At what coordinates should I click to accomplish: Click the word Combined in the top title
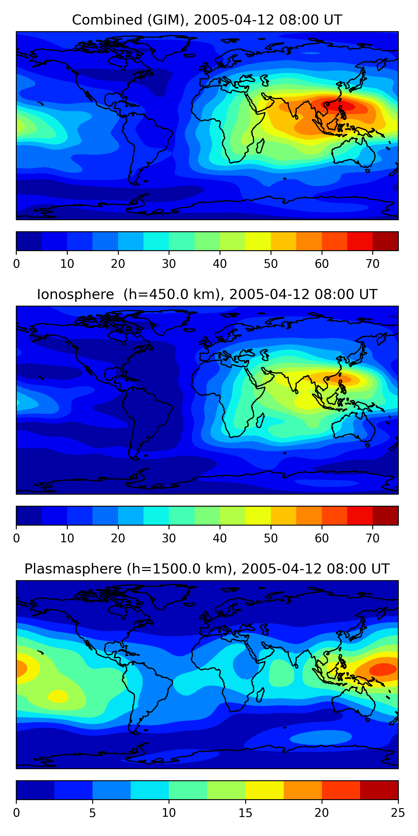click(x=107, y=20)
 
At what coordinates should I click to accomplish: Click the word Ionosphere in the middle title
click(x=75, y=294)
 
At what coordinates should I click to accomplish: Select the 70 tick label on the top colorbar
click(x=373, y=264)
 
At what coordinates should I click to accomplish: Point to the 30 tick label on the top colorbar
click(x=169, y=264)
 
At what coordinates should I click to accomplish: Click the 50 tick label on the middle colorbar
click(x=271, y=538)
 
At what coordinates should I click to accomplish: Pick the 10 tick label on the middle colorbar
click(x=67, y=538)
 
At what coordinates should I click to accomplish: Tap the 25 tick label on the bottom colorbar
click(x=398, y=813)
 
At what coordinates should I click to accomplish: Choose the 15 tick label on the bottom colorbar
click(x=245, y=813)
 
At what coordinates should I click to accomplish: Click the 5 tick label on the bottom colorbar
click(x=93, y=813)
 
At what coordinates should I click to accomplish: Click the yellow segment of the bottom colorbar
click(x=264, y=790)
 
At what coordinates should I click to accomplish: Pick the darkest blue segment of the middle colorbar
click(x=29, y=515)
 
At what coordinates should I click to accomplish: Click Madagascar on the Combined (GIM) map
click(x=260, y=146)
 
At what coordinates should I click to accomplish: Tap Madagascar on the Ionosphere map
click(x=260, y=421)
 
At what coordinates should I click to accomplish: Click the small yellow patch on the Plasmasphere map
click(x=58, y=696)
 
